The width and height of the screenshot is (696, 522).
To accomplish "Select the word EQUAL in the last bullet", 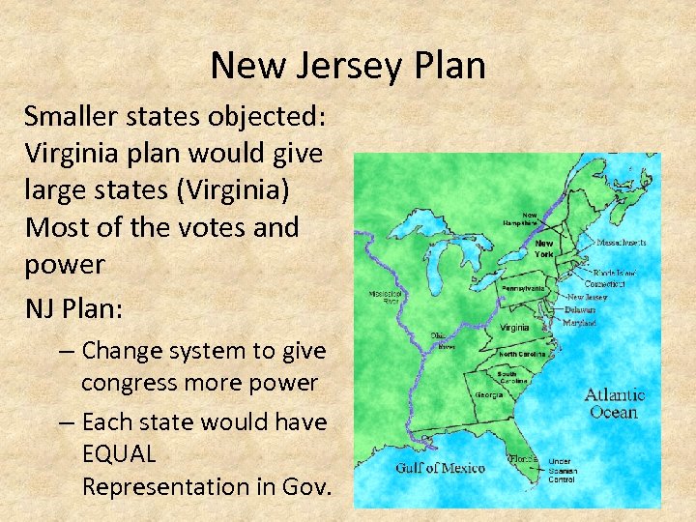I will coord(120,454).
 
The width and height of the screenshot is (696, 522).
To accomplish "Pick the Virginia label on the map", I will coord(514,328).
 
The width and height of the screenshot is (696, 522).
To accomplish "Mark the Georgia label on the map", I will coord(488,394).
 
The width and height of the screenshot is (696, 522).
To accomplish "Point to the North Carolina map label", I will coord(522,354).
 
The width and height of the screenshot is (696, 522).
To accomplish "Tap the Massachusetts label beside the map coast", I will coord(621,242).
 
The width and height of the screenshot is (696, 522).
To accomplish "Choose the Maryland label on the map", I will coord(580,322).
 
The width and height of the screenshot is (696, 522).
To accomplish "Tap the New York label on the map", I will coord(545,248).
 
